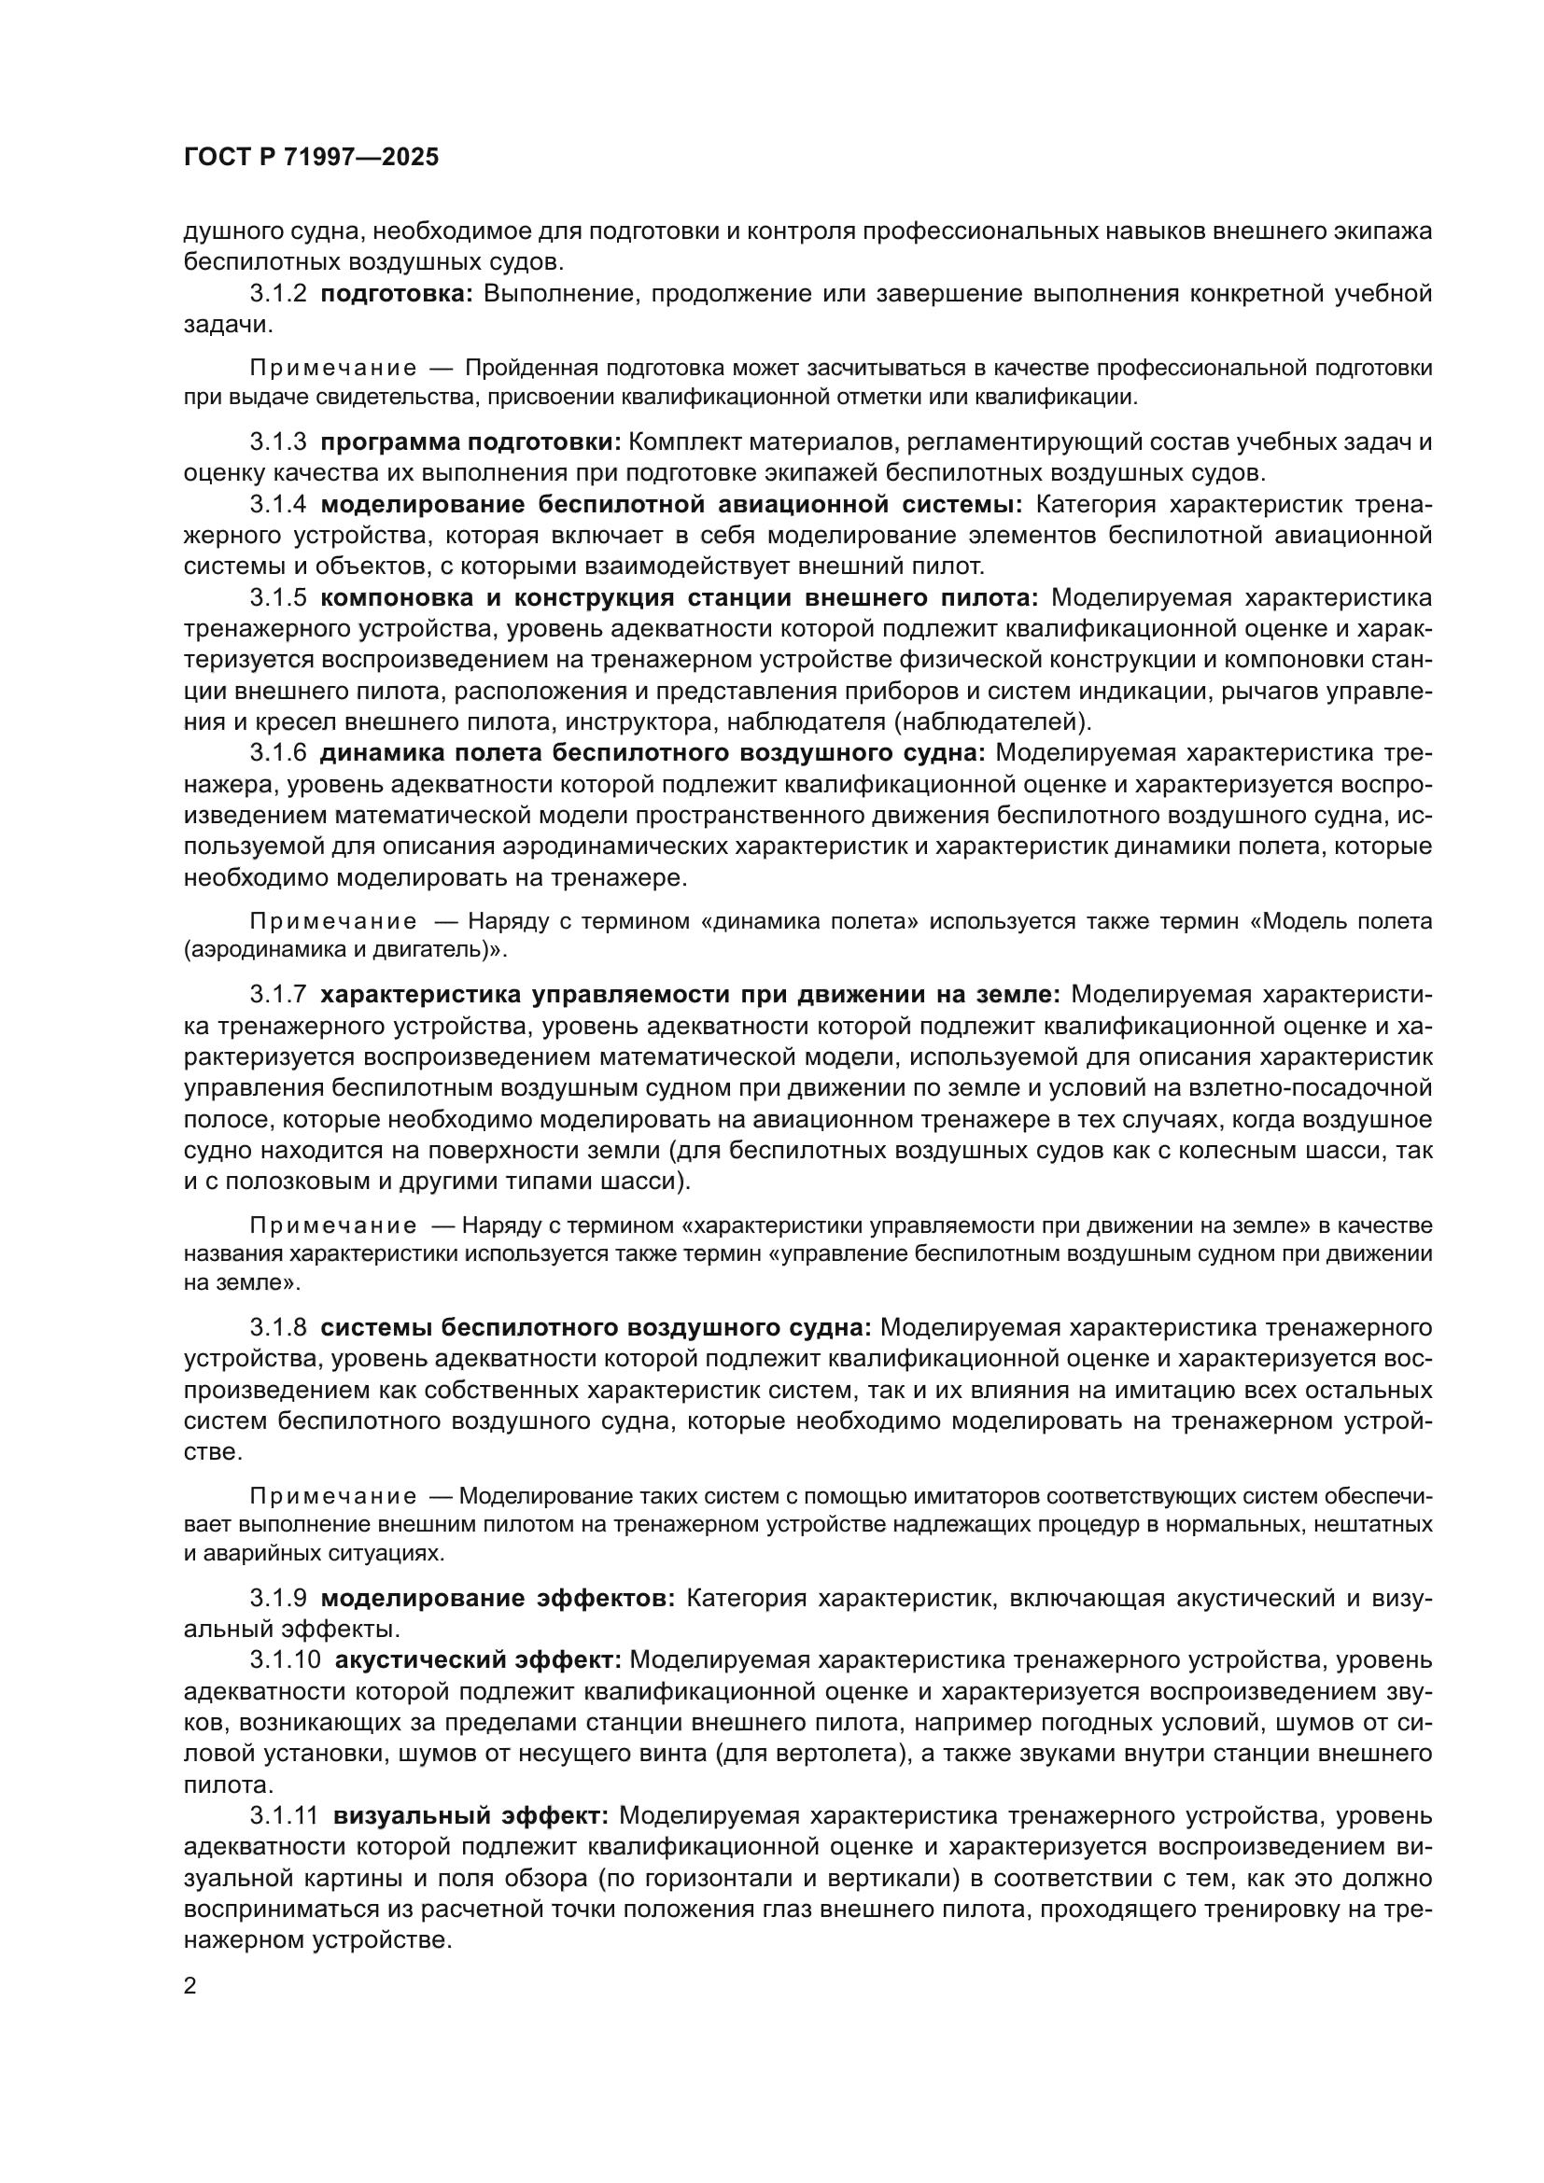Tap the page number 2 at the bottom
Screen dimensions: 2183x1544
(x=190, y=1986)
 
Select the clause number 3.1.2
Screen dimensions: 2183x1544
(x=277, y=294)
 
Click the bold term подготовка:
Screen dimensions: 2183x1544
(x=397, y=294)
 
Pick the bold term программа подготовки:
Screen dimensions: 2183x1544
(x=470, y=442)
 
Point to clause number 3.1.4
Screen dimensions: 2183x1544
(x=277, y=504)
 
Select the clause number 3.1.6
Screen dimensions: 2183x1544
(x=277, y=753)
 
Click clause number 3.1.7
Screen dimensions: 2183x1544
(x=277, y=995)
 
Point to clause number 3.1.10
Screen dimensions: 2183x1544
(x=286, y=1660)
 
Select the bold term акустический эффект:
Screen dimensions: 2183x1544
(x=478, y=1660)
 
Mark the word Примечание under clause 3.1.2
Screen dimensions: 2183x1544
(x=332, y=368)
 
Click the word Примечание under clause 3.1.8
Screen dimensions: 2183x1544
(x=332, y=1496)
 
